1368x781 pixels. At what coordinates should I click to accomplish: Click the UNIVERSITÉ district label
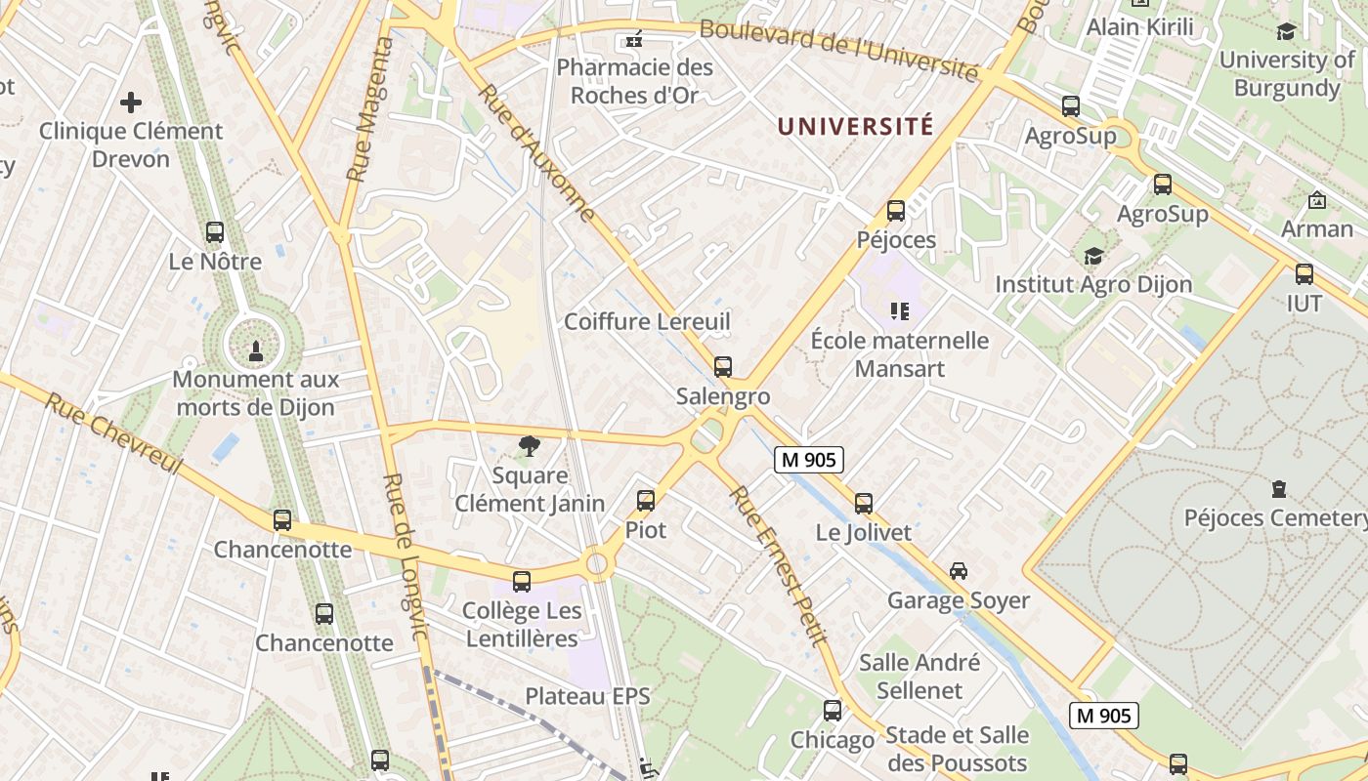[x=855, y=126]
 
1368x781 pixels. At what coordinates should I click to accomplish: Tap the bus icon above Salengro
[x=723, y=367]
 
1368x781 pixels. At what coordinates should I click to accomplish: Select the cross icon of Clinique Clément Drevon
[x=131, y=102]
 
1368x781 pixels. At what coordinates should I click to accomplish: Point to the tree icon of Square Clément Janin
[x=530, y=446]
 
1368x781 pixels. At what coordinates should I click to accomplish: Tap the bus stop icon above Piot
[x=646, y=501]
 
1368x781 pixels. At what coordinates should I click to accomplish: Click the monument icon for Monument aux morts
[x=256, y=349]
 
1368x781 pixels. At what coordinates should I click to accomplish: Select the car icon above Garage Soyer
[x=959, y=571]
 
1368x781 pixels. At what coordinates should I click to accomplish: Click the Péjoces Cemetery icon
[x=1279, y=488]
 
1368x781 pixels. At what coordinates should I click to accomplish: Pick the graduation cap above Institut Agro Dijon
[x=1093, y=256]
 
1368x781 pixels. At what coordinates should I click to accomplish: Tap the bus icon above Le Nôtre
[x=215, y=232]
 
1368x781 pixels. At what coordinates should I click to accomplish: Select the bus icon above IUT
[x=1304, y=274]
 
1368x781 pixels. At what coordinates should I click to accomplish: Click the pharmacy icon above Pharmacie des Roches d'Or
[x=634, y=40]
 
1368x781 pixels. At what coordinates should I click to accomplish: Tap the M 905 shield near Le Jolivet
[x=809, y=459]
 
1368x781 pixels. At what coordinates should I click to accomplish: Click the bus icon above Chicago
[x=833, y=711]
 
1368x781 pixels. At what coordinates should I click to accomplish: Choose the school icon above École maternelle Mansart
[x=900, y=311]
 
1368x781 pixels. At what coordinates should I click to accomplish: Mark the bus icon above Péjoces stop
[x=896, y=211]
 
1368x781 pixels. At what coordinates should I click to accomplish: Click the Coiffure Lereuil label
[x=647, y=321]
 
